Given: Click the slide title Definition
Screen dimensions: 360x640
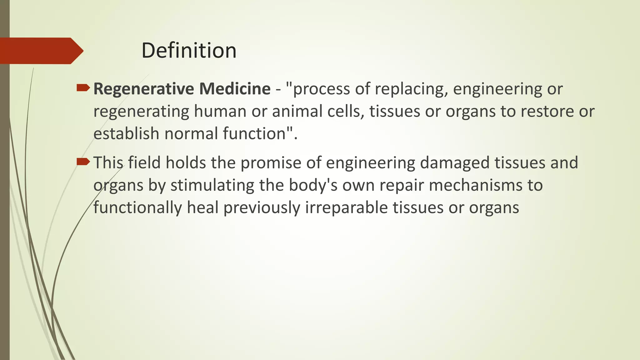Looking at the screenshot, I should point(189,51).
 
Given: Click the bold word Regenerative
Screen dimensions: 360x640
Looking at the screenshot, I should point(144,89).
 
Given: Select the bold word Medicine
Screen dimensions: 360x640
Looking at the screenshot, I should point(235,89).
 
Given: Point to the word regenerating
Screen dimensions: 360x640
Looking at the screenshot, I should point(141,112).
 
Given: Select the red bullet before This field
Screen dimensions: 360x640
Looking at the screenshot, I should point(83,162).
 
